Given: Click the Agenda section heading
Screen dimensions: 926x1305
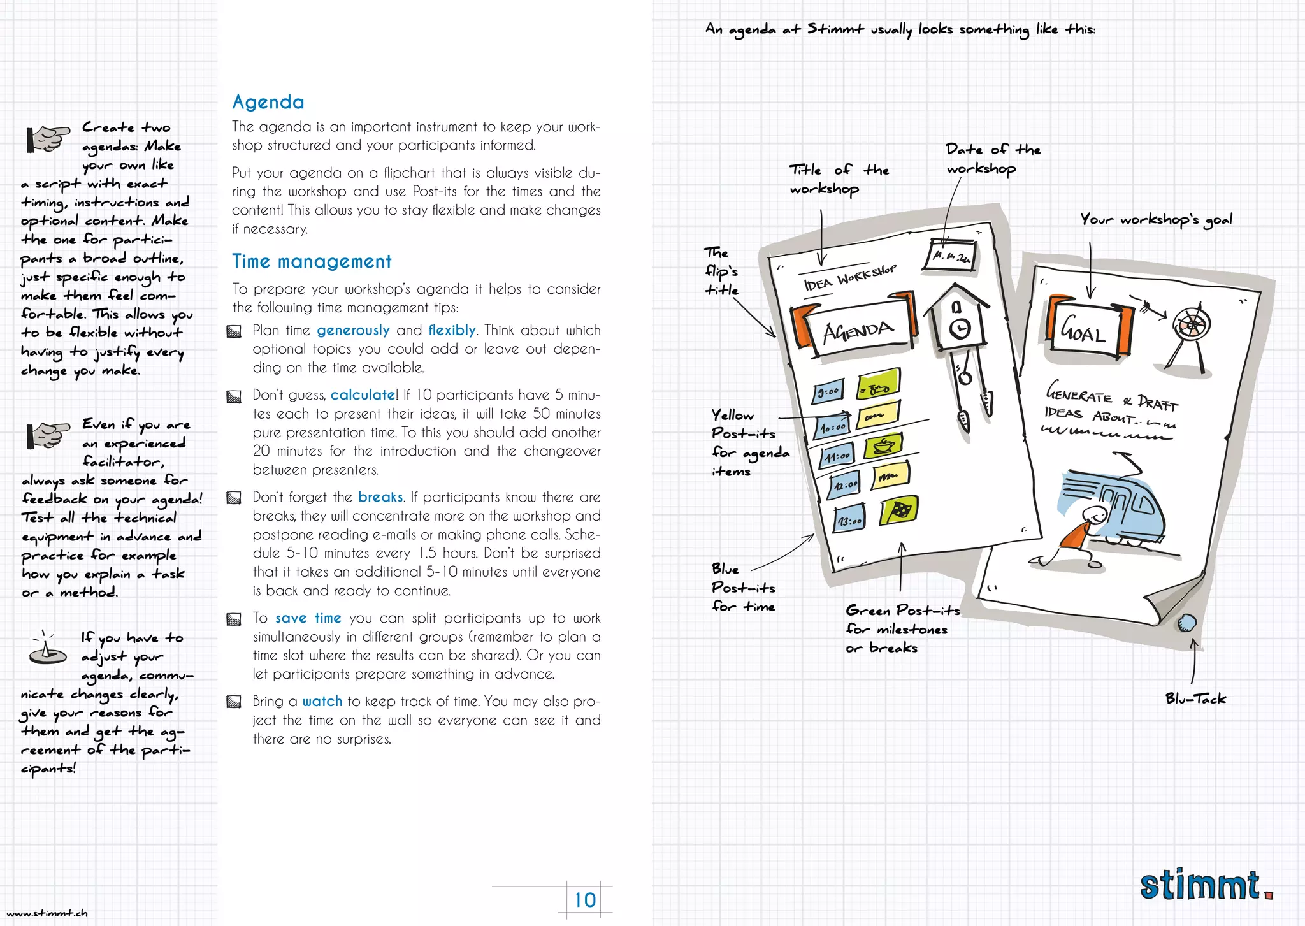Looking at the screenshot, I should click(x=268, y=102).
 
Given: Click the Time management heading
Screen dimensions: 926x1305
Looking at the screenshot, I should click(x=312, y=261).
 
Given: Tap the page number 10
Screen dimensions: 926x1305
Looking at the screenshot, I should click(x=585, y=900).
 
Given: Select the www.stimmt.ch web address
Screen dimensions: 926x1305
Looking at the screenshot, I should click(x=47, y=913).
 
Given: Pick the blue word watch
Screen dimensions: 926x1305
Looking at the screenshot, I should click(x=322, y=702).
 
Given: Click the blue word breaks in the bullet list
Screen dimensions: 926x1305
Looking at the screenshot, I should click(x=380, y=497).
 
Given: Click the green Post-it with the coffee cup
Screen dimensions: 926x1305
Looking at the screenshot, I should click(x=883, y=445).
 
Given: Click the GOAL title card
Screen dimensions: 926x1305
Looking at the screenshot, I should click(x=1085, y=330).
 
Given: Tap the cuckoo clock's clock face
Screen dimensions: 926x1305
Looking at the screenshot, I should click(x=960, y=329).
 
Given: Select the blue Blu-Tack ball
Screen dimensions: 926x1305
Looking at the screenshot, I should click(x=1187, y=622).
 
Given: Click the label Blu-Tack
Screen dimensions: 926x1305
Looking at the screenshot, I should click(x=1195, y=699).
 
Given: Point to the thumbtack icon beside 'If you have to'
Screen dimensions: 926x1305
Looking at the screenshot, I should click(x=48, y=651).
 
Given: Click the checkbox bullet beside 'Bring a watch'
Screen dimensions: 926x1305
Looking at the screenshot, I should click(x=234, y=702).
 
